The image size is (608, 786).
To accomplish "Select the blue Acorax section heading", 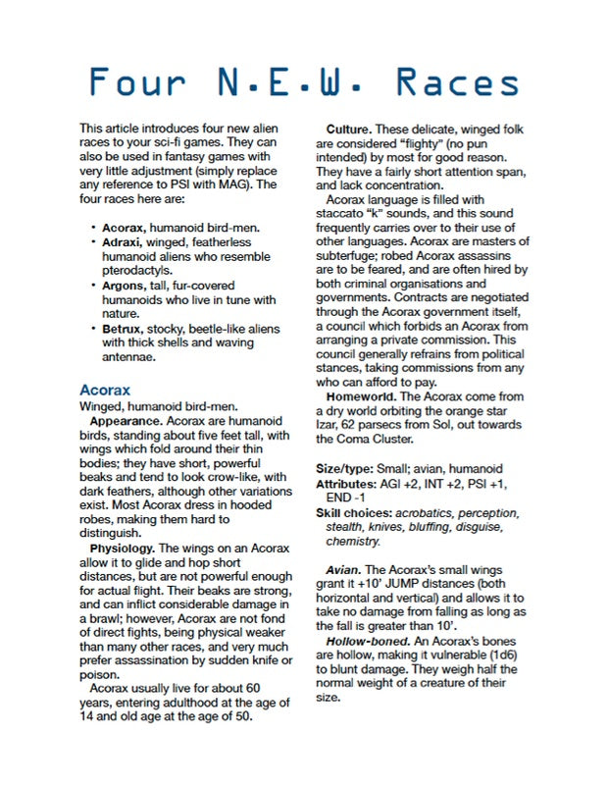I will (104, 390).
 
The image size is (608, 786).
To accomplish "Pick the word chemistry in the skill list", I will (352, 542).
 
